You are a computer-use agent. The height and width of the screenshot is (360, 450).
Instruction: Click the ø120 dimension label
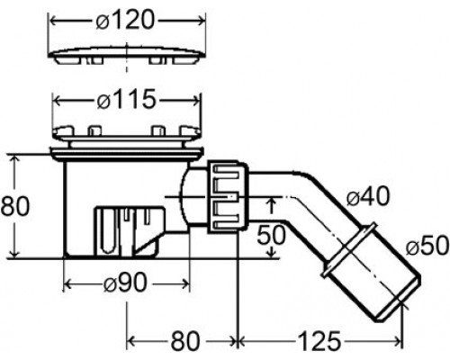click(x=125, y=21)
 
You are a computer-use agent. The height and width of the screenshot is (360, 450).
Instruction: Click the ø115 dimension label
click(x=127, y=99)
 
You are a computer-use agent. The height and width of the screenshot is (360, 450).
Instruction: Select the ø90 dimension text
click(x=125, y=283)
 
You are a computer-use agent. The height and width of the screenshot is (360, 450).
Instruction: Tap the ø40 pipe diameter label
click(x=368, y=196)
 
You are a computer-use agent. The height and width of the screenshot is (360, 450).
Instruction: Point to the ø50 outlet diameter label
click(x=427, y=246)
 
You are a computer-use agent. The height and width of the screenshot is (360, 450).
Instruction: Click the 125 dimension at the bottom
click(x=319, y=341)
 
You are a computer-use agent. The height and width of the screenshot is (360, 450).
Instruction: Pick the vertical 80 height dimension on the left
click(x=15, y=206)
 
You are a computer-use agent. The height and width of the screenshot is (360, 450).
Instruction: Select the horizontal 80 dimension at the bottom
click(x=185, y=341)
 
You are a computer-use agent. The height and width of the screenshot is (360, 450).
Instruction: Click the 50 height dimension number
click(x=271, y=235)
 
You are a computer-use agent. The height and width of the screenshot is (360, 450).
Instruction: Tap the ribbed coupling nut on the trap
click(x=228, y=197)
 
